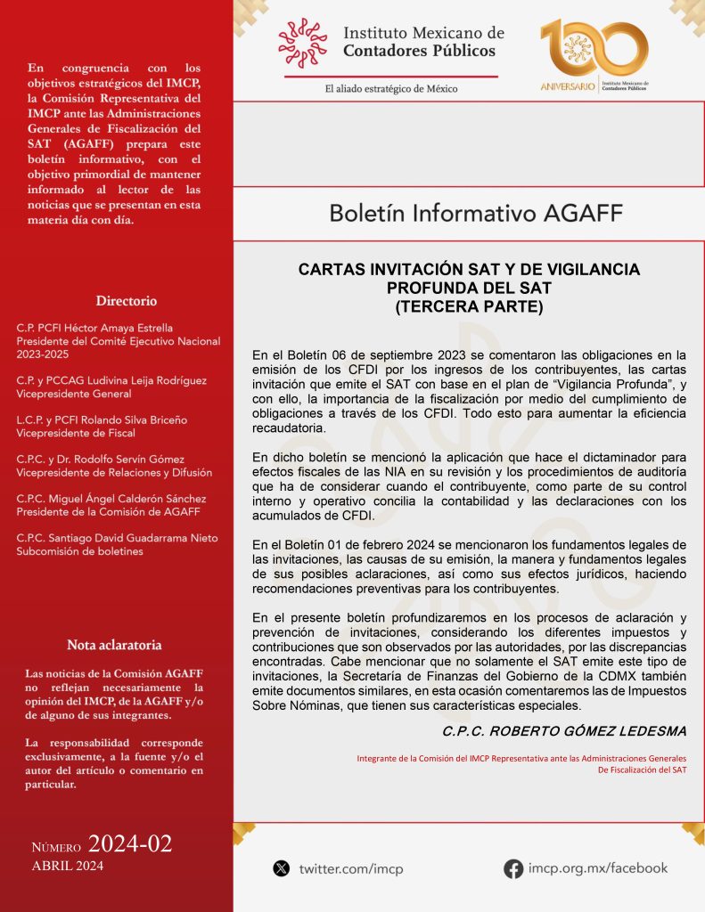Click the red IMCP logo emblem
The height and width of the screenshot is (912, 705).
click(302, 42)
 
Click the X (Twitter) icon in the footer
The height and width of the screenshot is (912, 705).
click(282, 867)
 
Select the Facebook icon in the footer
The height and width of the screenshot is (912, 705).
click(513, 868)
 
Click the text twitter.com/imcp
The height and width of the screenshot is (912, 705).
click(351, 868)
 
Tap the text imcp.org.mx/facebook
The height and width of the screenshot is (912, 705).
click(597, 867)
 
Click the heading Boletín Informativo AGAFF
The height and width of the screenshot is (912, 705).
click(476, 214)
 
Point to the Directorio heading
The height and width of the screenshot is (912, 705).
click(127, 301)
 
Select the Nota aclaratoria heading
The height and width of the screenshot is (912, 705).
click(114, 644)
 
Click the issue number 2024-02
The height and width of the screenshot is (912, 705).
click(130, 844)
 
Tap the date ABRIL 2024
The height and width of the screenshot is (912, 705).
click(68, 866)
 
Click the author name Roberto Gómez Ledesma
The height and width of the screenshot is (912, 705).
click(564, 731)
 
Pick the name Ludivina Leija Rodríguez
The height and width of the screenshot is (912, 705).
click(135, 380)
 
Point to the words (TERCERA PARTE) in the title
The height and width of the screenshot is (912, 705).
click(469, 305)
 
